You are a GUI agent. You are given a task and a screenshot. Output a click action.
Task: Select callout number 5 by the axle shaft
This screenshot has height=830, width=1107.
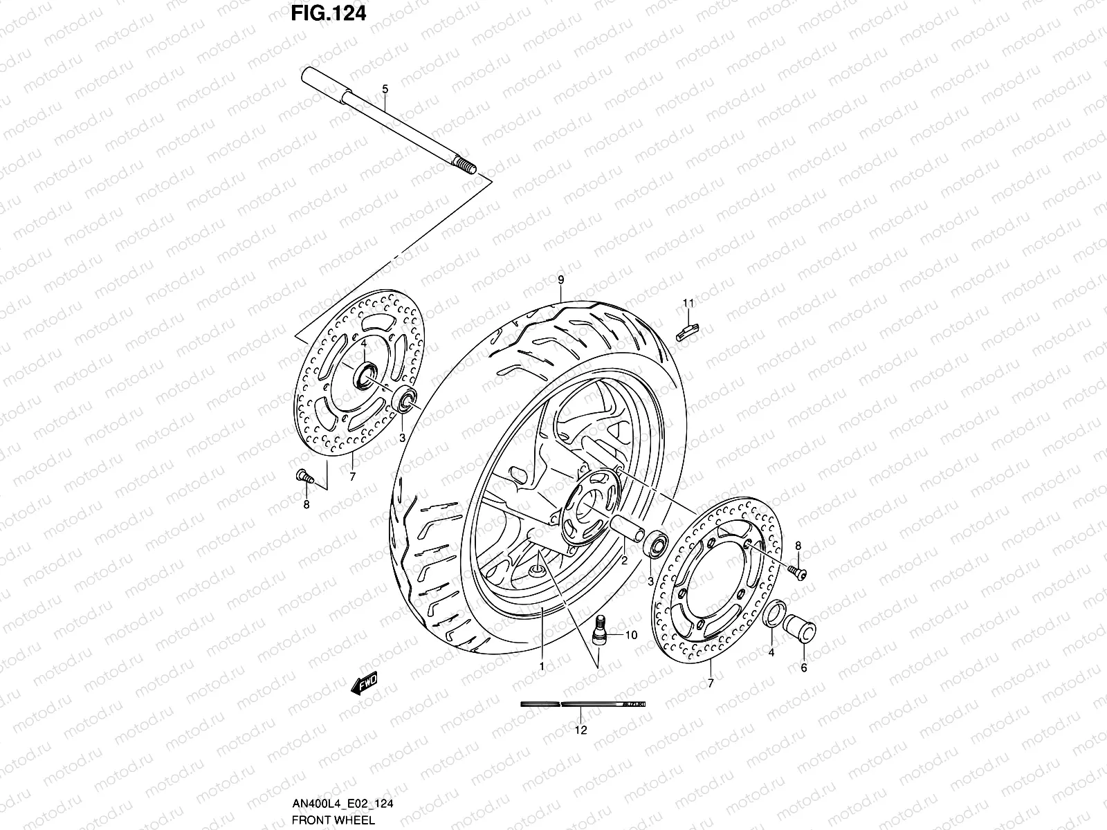pyautogui.click(x=385, y=89)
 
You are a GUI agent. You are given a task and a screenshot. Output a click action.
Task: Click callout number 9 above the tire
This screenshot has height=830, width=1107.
pyautogui.click(x=561, y=279)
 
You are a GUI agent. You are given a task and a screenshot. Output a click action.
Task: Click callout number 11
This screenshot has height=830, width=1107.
pyautogui.click(x=688, y=303)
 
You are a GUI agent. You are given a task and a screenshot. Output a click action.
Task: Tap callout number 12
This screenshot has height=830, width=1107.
pyautogui.click(x=581, y=730)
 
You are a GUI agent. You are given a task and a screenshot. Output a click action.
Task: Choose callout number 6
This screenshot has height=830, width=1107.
pyautogui.click(x=803, y=667)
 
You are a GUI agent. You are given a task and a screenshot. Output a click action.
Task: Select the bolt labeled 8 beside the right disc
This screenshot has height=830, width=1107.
pyautogui.click(x=796, y=571)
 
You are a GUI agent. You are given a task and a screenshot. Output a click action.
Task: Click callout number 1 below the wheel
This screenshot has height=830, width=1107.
pyautogui.click(x=542, y=667)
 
